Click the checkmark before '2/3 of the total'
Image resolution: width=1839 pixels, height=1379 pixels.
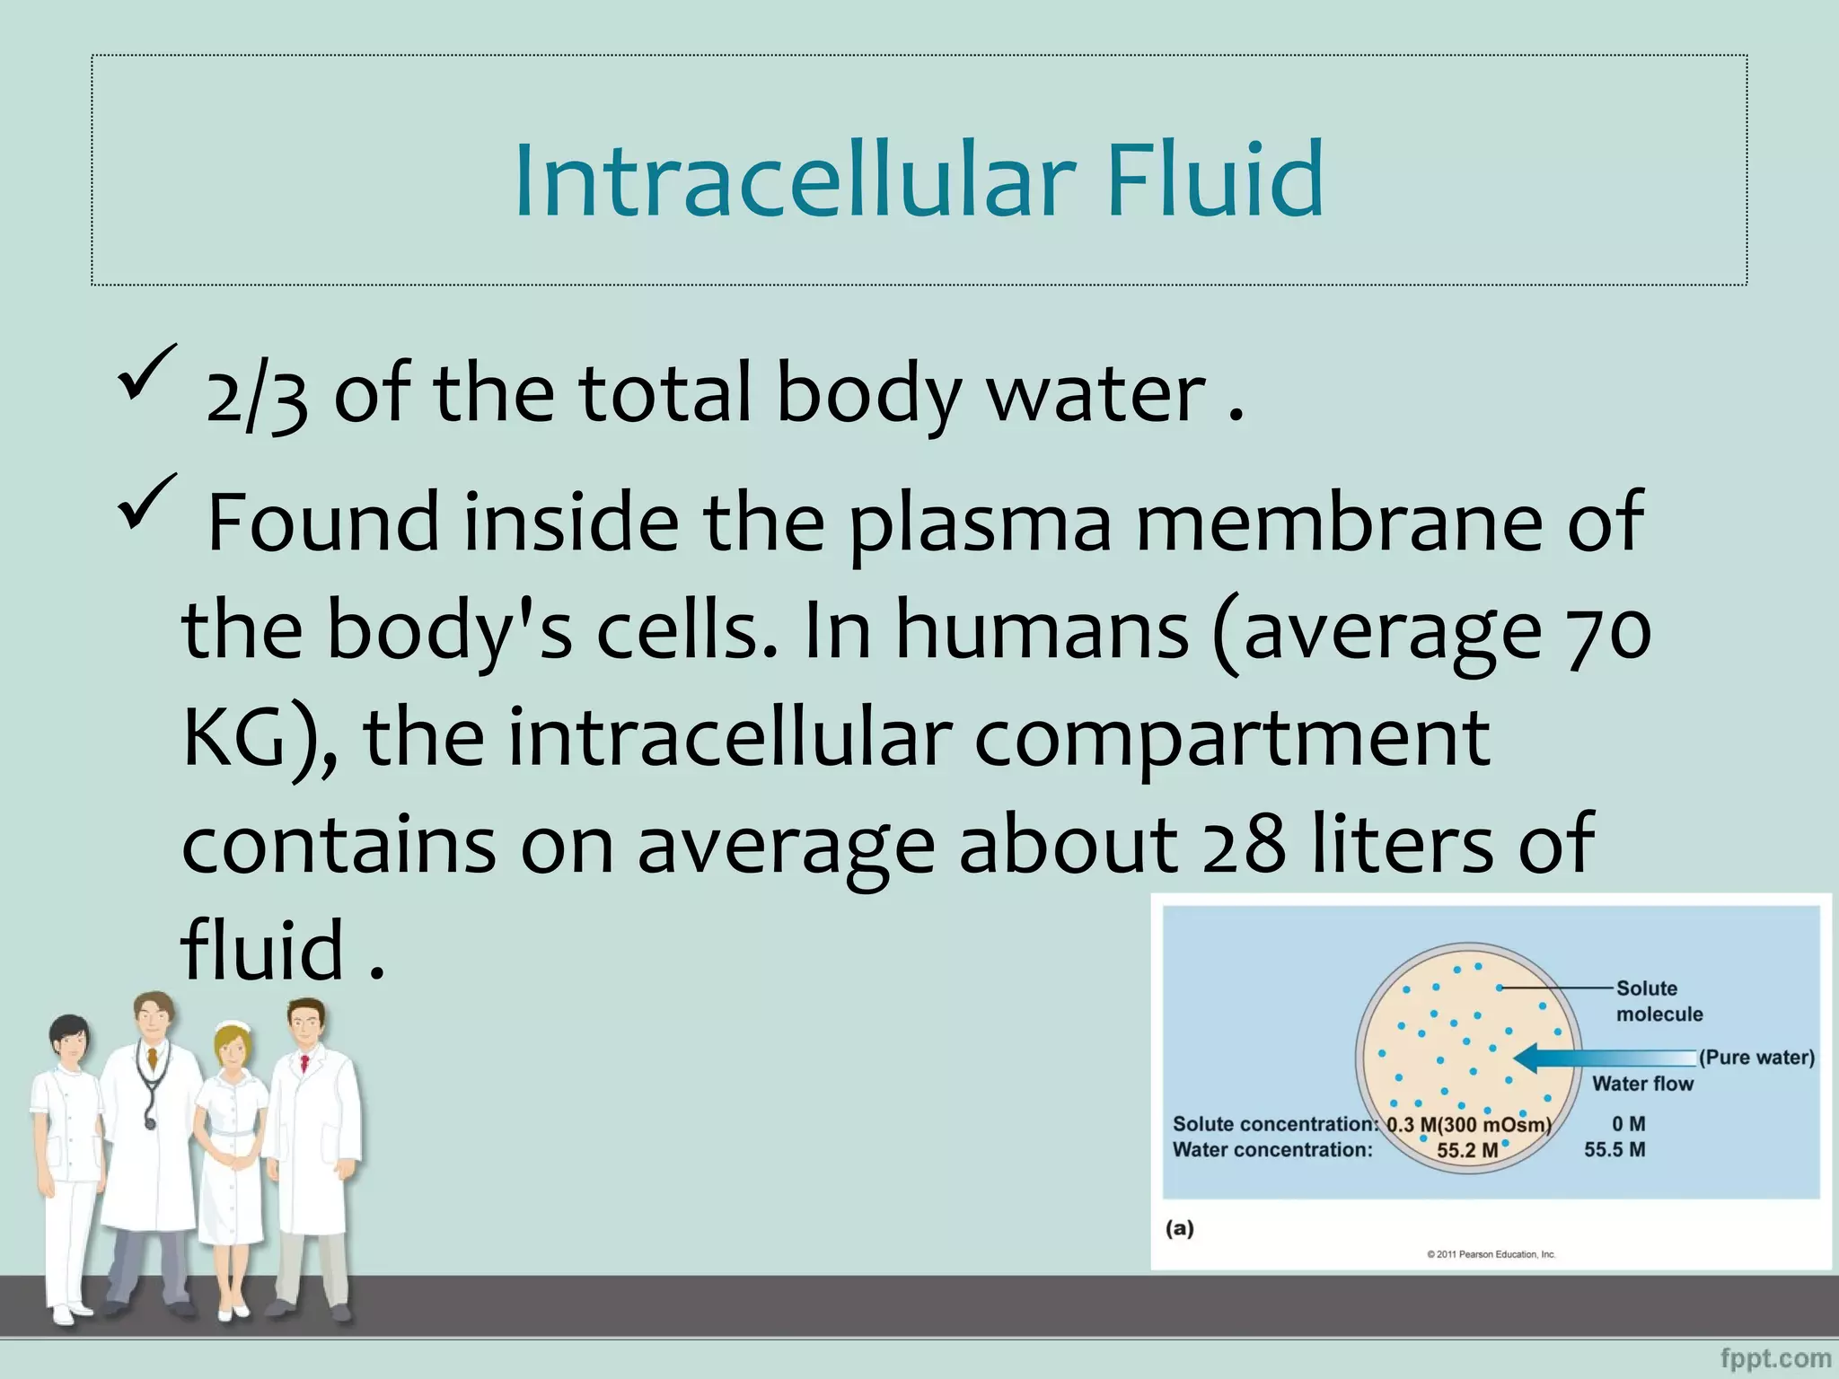click(146, 372)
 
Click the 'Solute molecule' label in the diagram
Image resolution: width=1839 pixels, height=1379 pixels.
click(1659, 1001)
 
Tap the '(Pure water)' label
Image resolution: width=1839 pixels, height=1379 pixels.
click(1756, 1058)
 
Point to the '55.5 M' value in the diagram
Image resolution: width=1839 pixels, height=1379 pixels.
click(1615, 1150)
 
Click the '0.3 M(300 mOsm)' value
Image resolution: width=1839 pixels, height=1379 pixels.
click(1469, 1125)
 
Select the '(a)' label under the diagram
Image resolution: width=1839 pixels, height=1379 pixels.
click(1180, 1228)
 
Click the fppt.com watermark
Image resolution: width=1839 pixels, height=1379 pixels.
click(1775, 1358)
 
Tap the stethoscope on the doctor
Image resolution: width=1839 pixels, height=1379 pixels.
click(149, 1091)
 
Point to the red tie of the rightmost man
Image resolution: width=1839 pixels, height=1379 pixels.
click(305, 1065)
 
